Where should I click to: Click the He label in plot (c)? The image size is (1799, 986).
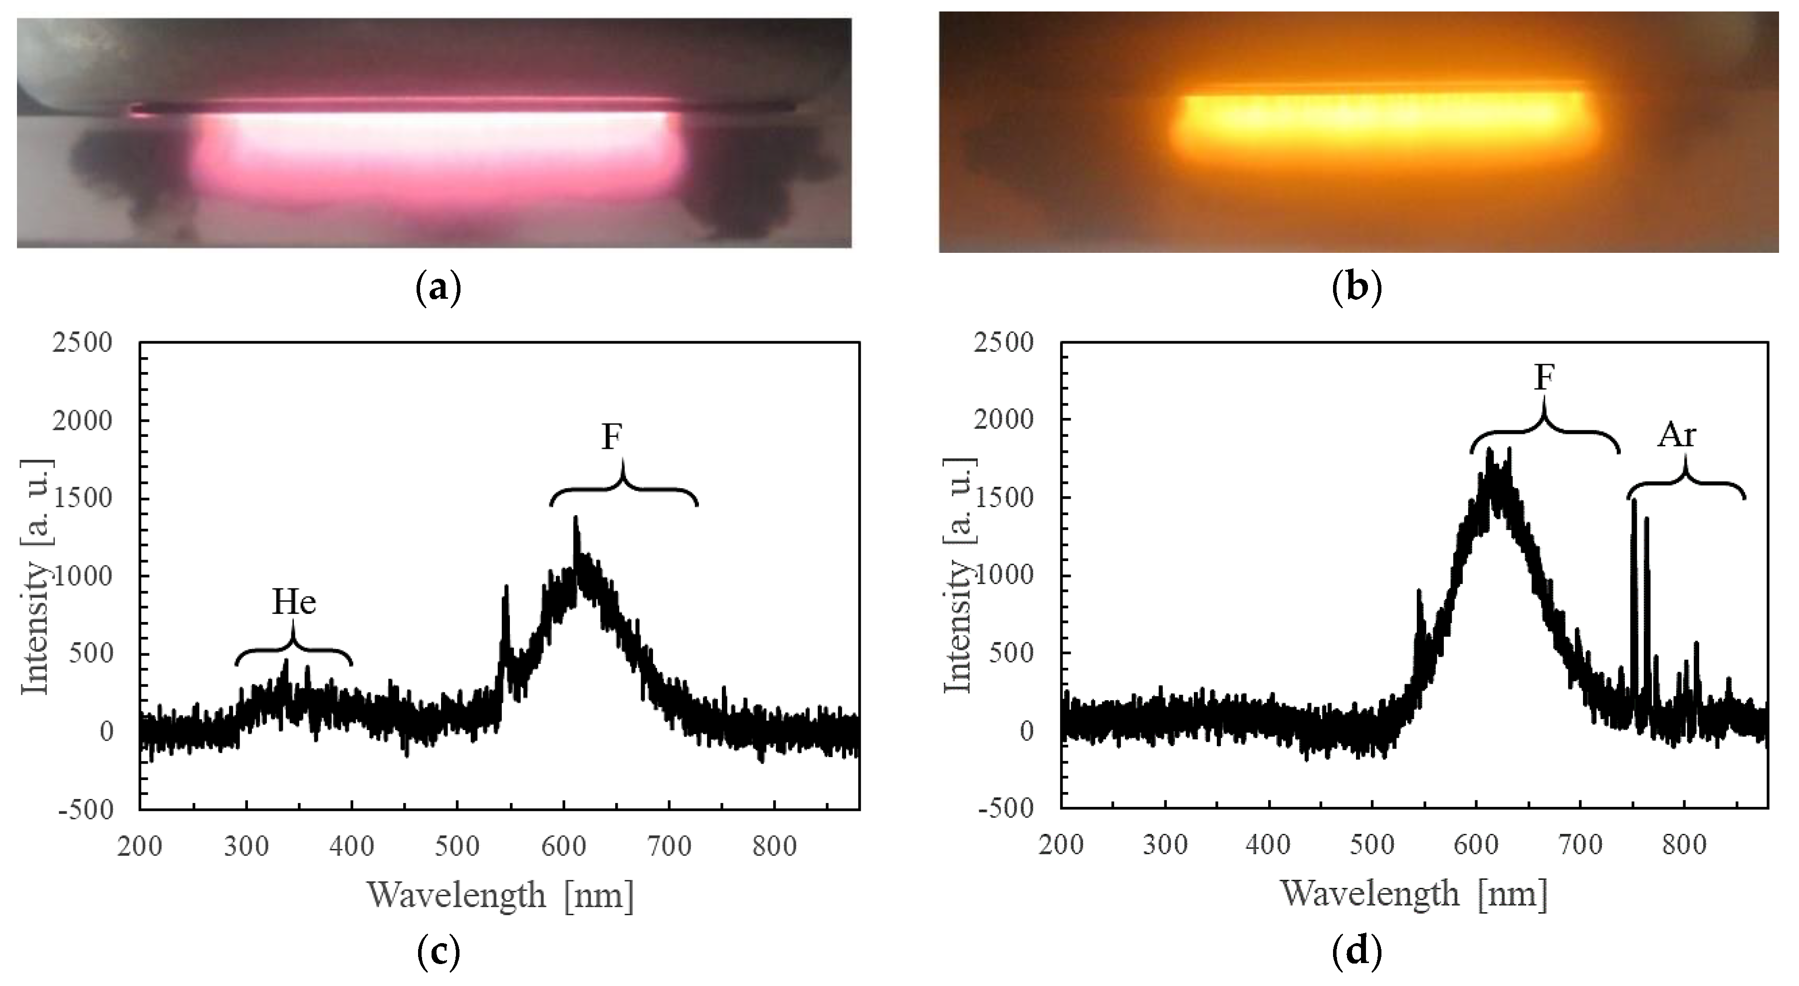pos(294,602)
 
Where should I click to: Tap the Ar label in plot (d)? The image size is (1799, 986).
pos(1677,436)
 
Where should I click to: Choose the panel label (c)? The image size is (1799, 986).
pos(439,953)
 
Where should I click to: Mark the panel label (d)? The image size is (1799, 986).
pos(1357,953)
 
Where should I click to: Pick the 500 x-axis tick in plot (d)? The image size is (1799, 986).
pos(1372,846)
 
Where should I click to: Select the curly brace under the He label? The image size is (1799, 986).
pos(293,649)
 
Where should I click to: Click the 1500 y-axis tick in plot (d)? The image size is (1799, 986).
pos(1004,498)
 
